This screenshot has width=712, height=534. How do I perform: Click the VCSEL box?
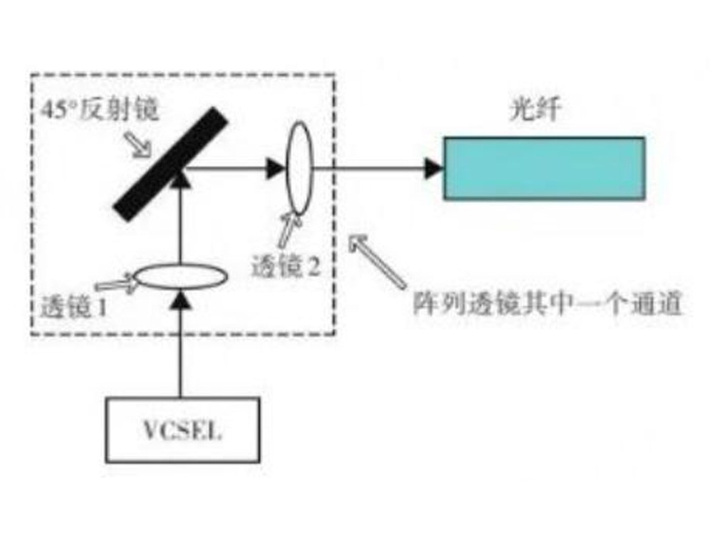(x=183, y=429)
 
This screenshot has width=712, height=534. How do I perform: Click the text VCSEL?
(x=183, y=431)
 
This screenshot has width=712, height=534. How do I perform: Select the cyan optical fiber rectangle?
(x=544, y=168)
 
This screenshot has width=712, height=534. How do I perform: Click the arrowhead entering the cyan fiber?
(x=433, y=169)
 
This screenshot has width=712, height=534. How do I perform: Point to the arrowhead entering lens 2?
(x=276, y=169)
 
